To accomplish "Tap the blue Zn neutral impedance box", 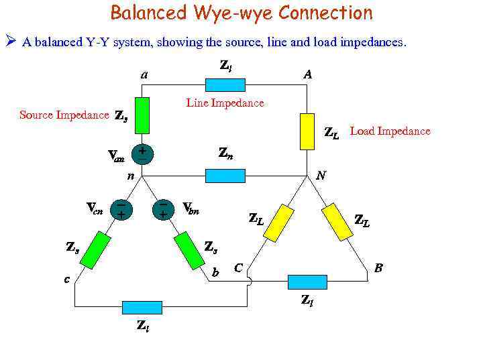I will pyautogui.click(x=225, y=176).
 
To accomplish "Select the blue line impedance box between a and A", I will pyautogui.click(x=225, y=85).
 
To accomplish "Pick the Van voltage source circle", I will pyautogui.click(x=142, y=154).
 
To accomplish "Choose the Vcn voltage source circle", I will pyautogui.click(x=121, y=209).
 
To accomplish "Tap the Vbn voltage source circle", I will pyautogui.click(x=162, y=209).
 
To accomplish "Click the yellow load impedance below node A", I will pyautogui.click(x=307, y=131).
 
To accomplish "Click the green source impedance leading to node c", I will pyautogui.click(x=97, y=247).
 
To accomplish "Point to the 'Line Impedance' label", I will pyautogui.click(x=225, y=103).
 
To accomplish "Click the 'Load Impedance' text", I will pyautogui.click(x=390, y=131).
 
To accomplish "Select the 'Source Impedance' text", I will pyautogui.click(x=64, y=115).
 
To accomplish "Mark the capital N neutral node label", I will pyautogui.click(x=321, y=176).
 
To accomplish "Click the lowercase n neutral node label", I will pyautogui.click(x=131, y=176).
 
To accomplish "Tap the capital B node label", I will pyautogui.click(x=378, y=268).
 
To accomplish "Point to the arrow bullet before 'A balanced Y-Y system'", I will pyautogui.click(x=11, y=42).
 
